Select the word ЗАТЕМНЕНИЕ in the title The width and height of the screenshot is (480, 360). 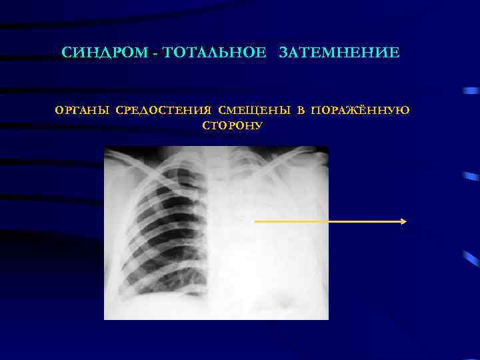click(x=340, y=52)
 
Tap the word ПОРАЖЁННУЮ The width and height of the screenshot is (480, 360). click(x=361, y=110)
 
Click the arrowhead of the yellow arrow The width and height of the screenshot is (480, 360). click(x=404, y=221)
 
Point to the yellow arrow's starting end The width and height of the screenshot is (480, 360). click(x=256, y=221)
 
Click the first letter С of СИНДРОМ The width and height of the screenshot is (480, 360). click(x=66, y=52)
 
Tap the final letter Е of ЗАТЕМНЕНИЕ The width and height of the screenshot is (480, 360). click(x=395, y=52)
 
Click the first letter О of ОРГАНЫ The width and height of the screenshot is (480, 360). click(x=60, y=110)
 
